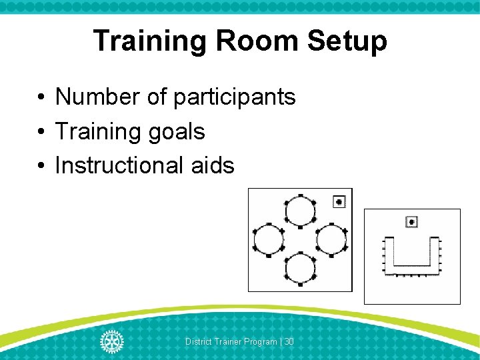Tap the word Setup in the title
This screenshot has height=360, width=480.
(347, 41)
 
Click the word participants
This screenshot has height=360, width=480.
(234, 98)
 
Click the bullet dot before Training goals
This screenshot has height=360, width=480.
(41, 132)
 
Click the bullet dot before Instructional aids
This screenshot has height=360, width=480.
(41, 165)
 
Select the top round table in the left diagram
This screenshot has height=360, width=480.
(299, 211)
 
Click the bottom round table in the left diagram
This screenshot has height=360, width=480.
(299, 269)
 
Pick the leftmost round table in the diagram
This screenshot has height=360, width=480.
(268, 240)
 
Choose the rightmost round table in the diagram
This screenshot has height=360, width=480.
(331, 240)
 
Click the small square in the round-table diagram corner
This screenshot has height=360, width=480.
(339, 201)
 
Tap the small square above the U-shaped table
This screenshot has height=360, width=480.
(412, 221)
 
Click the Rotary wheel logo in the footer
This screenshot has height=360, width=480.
(111, 341)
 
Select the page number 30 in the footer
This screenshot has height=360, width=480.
(289, 342)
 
